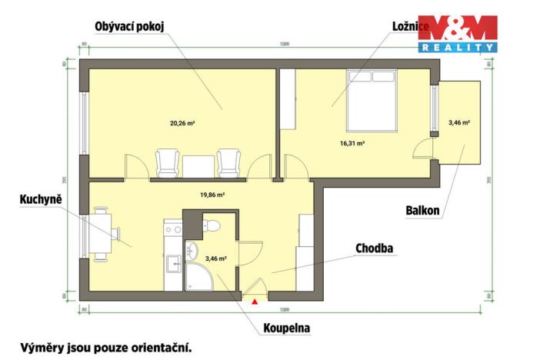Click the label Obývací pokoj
129,26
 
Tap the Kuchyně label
41,200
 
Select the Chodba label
375,248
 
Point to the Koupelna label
282,328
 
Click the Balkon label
423,210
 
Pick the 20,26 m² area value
182,122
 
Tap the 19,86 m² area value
213,195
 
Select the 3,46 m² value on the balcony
458,122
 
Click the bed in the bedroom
372,100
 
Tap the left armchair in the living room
168,163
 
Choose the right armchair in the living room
228,163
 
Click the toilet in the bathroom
212,225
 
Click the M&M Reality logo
457,34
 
